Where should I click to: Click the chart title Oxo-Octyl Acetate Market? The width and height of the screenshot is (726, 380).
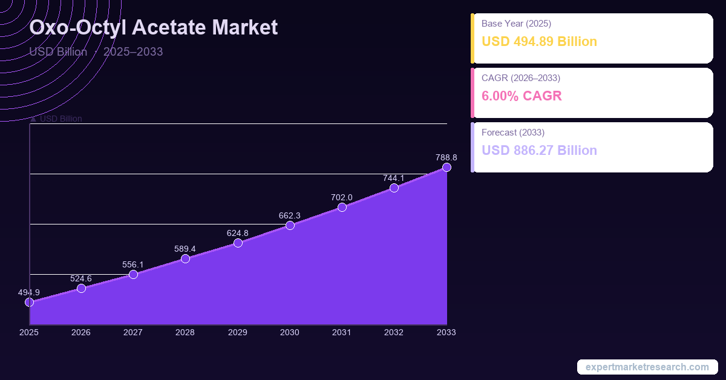154,28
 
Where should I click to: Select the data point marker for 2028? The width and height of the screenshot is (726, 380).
185,259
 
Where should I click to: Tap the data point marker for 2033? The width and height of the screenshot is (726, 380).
446,167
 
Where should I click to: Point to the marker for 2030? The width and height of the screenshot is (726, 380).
290,226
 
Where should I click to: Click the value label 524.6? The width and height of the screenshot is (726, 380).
81,278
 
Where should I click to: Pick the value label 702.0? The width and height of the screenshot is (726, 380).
342,197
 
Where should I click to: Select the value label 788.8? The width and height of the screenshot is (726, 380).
446,157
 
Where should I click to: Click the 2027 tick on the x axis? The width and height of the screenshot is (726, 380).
133,332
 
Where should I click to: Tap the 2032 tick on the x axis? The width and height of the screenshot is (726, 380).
394,332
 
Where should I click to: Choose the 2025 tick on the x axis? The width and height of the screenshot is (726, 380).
29,332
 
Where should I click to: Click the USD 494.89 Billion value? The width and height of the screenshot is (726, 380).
539,42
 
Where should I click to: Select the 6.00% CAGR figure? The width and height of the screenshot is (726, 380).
522,96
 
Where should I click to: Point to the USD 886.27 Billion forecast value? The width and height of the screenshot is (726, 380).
539,150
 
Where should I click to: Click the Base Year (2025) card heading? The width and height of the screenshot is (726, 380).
516,24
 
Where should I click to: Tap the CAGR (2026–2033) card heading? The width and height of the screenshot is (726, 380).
520,78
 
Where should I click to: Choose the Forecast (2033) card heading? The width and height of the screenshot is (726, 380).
513,132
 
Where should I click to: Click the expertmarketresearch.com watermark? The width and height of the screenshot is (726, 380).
647,367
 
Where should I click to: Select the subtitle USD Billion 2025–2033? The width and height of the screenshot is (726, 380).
96,51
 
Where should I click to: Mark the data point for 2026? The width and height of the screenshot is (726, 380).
81,289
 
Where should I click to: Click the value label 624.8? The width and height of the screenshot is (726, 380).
238,233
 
